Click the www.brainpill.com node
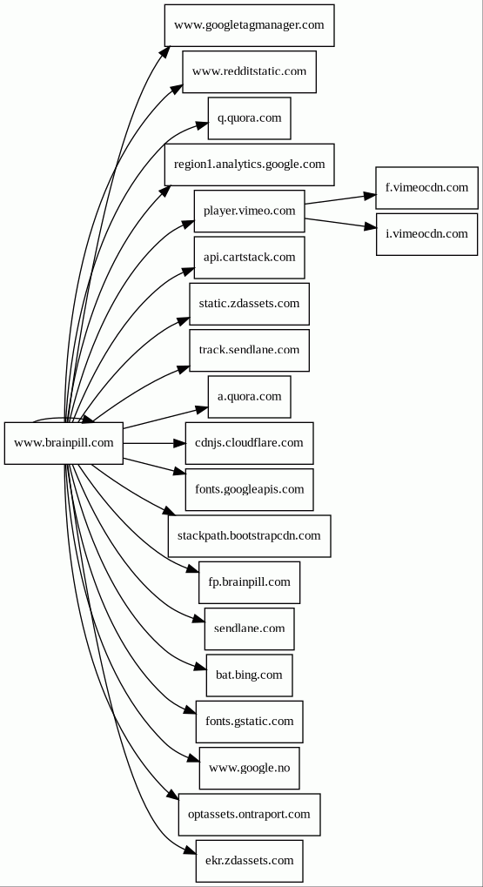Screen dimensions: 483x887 pos(64,443)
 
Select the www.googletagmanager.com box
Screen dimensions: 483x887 pos(250,25)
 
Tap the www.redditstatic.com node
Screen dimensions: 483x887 pos(250,72)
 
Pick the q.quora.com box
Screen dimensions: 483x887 pos(250,118)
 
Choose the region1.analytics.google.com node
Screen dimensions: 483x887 pos(250,165)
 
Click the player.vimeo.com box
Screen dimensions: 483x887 pos(250,211)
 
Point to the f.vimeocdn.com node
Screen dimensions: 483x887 pos(427,188)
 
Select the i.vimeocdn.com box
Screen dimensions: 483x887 pos(427,234)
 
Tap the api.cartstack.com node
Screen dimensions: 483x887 pos(250,258)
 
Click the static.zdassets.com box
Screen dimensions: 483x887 pos(250,304)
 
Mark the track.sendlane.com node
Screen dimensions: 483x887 pos(250,350)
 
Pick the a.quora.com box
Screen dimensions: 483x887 pos(250,397)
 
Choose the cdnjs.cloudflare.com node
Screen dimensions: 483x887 pos(250,443)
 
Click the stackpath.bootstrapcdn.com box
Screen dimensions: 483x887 pos(250,535)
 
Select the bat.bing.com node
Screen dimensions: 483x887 pos(250,675)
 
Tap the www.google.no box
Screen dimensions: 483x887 pos(250,768)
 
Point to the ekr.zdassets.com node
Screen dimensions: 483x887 pos(250,860)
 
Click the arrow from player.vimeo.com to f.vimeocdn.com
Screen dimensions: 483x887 pos(340,199)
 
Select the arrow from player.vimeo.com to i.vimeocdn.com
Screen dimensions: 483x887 pos(340,223)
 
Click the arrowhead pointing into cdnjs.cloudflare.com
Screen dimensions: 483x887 pos(179,443)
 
